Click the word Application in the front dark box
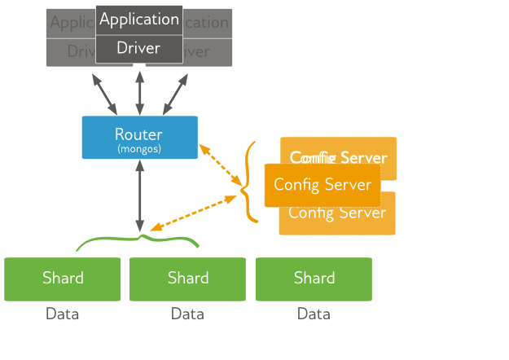click(139, 20)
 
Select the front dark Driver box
click(139, 49)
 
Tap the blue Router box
click(139, 137)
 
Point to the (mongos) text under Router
click(139, 149)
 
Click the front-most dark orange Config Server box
click(323, 185)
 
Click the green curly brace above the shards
click(139, 241)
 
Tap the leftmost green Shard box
click(63, 279)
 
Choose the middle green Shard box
click(188, 279)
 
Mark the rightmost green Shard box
click(314, 279)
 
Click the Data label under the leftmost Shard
click(63, 314)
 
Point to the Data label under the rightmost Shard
click(314, 314)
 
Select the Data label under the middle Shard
click(188, 314)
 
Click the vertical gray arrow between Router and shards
click(140, 195)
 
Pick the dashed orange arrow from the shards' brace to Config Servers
click(193, 213)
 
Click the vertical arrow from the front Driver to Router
click(140, 92)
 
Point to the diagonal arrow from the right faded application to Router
click(175, 94)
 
